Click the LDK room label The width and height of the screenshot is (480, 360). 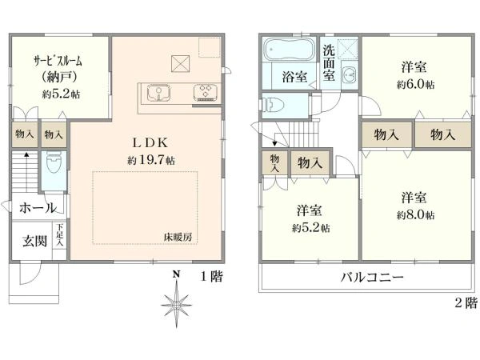tap(149, 142)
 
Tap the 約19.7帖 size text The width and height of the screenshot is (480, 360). tap(150, 160)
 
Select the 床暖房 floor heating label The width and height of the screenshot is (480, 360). tap(177, 238)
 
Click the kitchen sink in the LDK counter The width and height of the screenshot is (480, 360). tap(156, 93)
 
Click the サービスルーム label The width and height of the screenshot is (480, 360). tap(58, 62)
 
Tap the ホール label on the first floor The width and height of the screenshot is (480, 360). tap(37, 207)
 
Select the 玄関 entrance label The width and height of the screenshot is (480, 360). tap(33, 240)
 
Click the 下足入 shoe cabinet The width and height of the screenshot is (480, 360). tap(60, 238)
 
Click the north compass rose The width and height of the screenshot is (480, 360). tap(175, 303)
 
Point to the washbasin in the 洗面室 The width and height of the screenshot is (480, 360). tap(350, 77)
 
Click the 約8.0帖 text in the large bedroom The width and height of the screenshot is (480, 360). tap(414, 215)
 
